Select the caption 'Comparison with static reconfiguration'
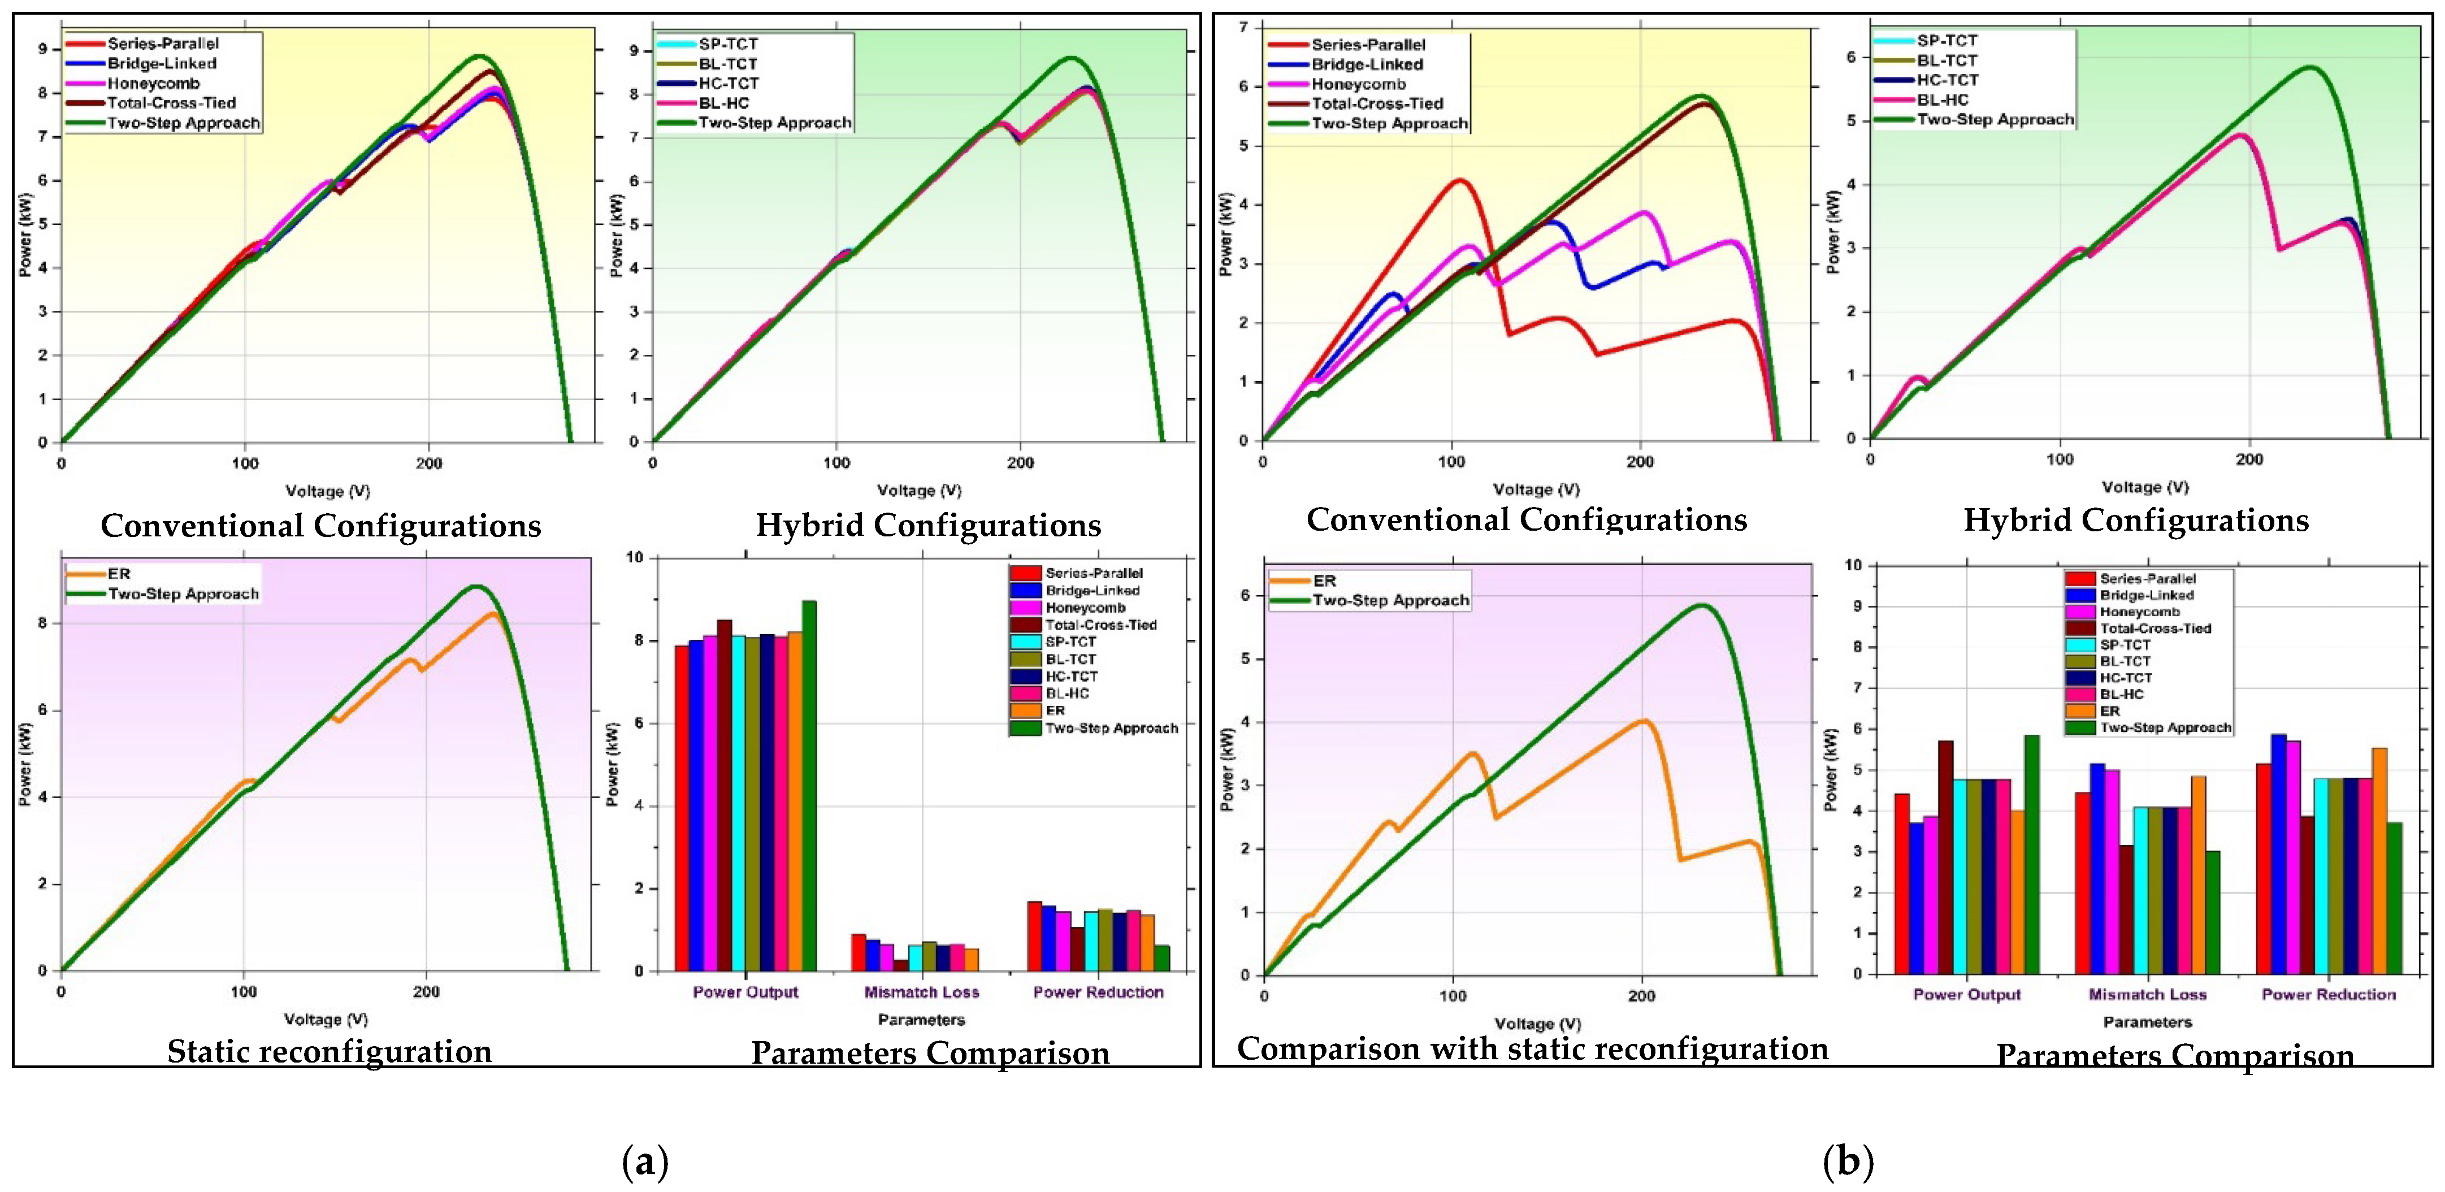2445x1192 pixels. (1532, 1048)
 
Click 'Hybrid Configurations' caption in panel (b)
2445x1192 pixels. (2136, 520)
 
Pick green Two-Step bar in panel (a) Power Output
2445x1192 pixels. (809, 786)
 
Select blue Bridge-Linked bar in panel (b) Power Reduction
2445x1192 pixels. (2278, 853)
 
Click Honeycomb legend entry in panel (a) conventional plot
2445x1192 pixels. (153, 84)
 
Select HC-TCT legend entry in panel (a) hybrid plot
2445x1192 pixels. (728, 84)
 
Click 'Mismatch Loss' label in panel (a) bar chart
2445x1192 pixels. (921, 992)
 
